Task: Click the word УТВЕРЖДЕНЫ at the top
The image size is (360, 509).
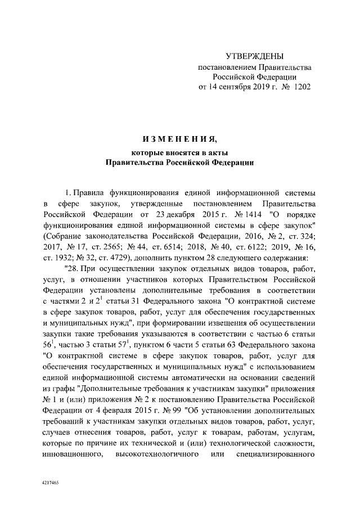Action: point(254,56)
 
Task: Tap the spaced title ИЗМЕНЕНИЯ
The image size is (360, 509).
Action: point(180,139)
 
